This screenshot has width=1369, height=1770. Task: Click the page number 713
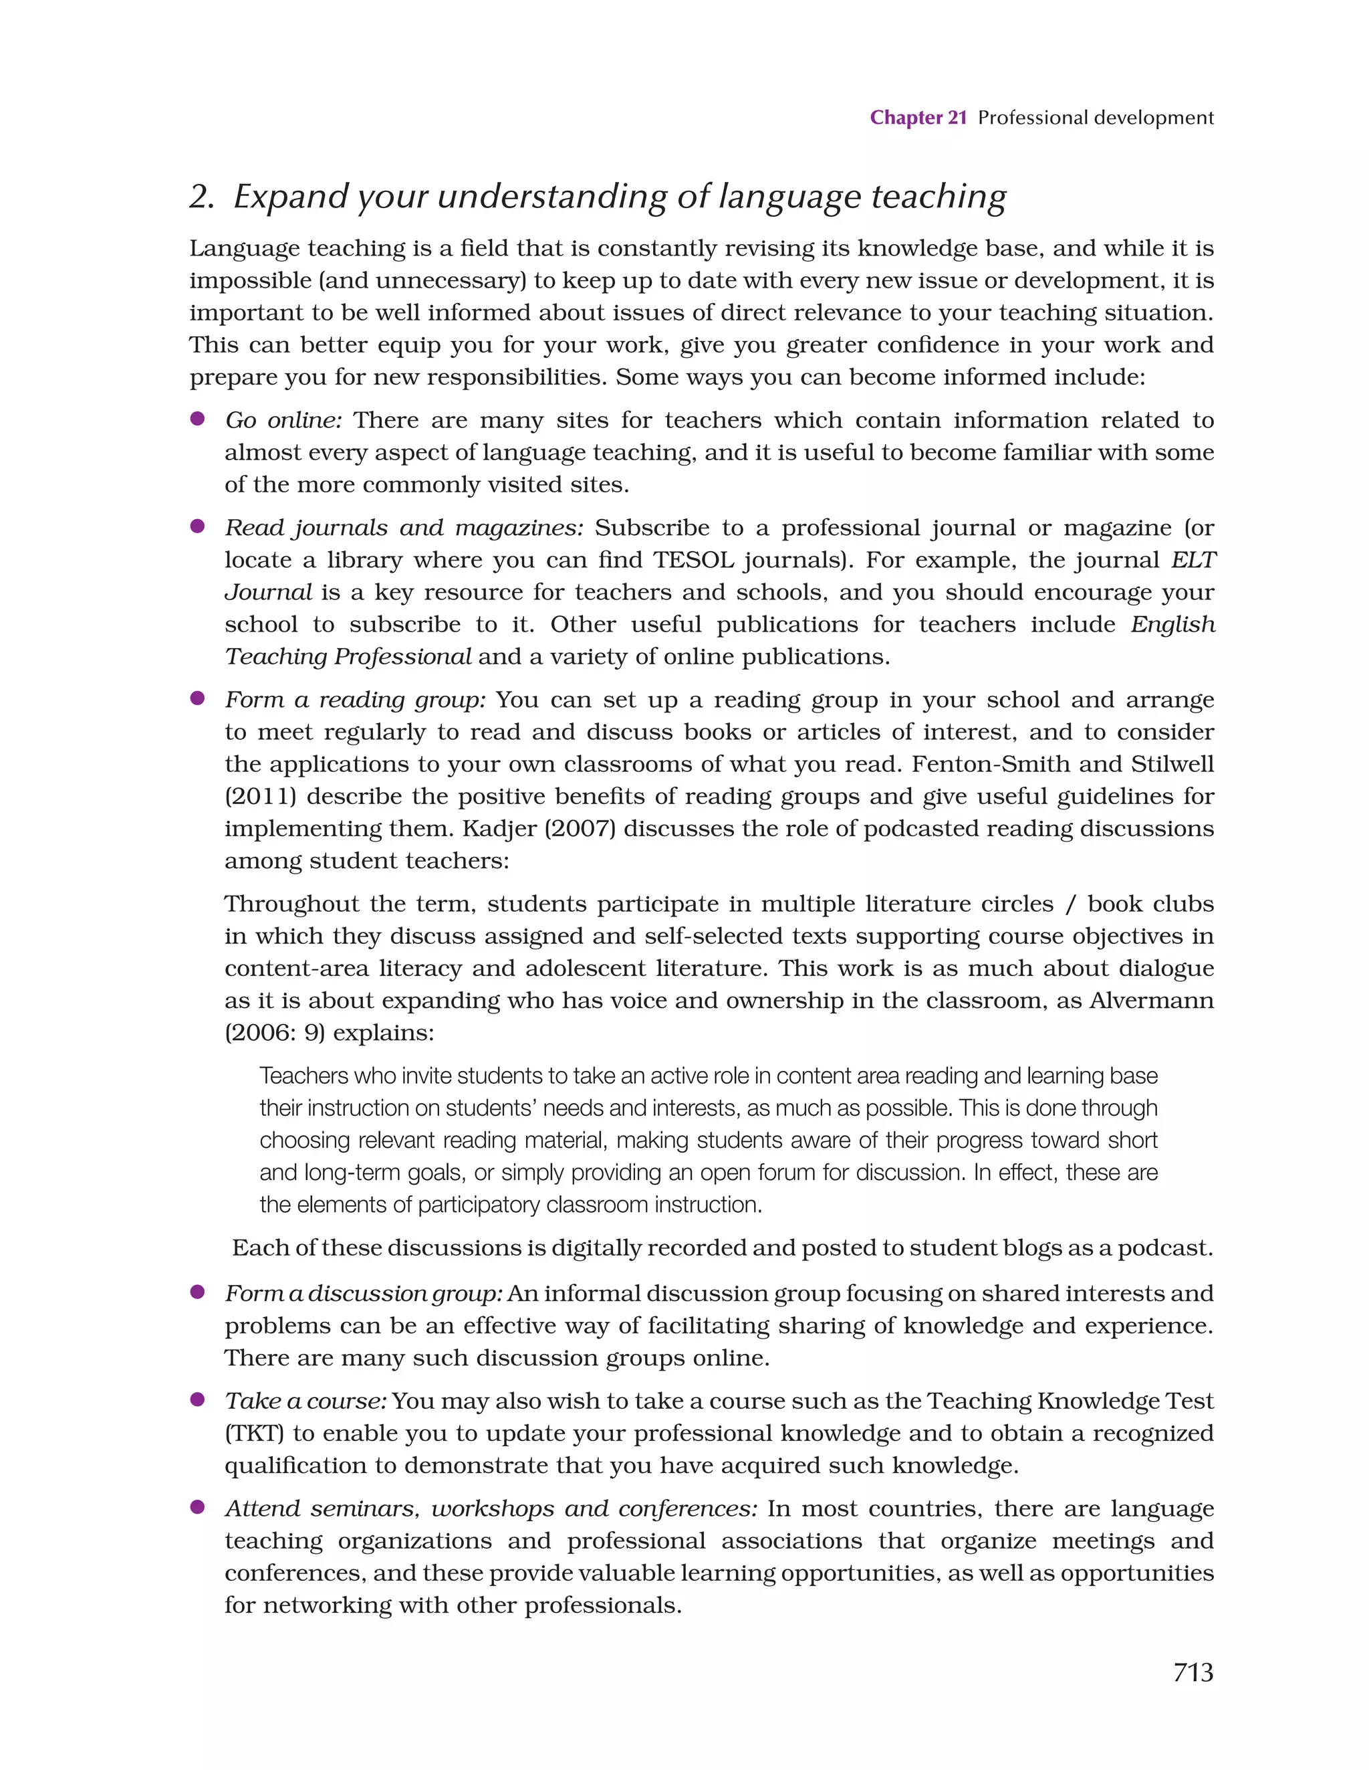click(1193, 1672)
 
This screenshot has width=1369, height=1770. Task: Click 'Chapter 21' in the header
click(918, 118)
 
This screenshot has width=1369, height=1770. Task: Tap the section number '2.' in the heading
click(202, 196)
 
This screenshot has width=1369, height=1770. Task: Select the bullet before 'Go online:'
click(197, 419)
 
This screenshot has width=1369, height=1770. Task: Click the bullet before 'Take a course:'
click(197, 1399)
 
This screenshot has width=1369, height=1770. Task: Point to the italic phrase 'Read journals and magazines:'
click(403, 528)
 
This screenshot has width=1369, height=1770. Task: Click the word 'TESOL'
click(693, 560)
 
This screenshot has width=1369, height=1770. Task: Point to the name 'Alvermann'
click(1151, 1000)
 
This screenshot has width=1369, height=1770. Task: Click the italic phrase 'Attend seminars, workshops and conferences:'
click(491, 1508)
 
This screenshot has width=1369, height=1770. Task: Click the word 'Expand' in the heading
click(291, 196)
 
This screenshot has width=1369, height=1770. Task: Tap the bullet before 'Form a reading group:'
click(197, 698)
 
